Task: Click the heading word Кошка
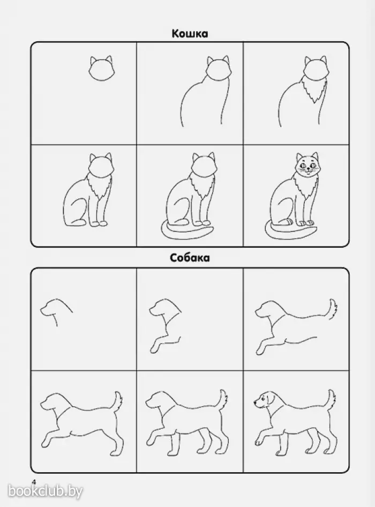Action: (190, 34)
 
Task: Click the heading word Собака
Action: (190, 258)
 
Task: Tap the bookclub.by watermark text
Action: (45, 491)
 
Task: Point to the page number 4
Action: (33, 481)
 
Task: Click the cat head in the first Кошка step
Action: (101, 69)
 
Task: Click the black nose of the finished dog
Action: (255, 402)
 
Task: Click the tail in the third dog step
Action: (333, 308)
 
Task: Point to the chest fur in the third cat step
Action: (313, 91)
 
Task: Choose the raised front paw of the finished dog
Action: (260, 441)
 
